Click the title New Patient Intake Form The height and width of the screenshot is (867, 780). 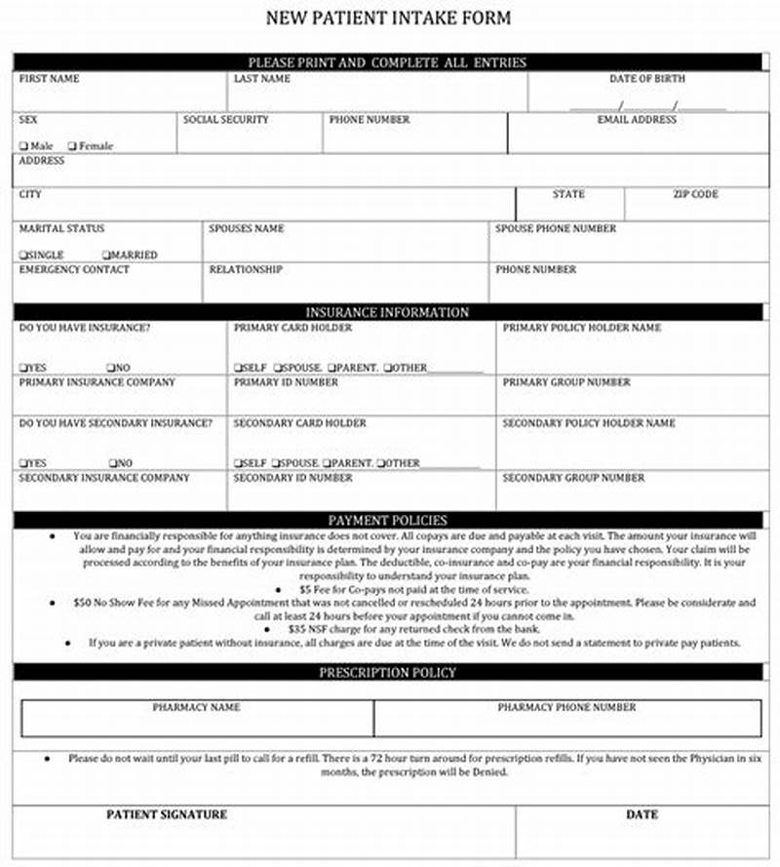pyautogui.click(x=388, y=19)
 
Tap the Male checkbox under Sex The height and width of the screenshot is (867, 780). pyautogui.click(x=23, y=146)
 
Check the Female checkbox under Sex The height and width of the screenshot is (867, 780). pyautogui.click(x=71, y=146)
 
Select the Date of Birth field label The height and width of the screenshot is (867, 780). pyautogui.click(x=646, y=79)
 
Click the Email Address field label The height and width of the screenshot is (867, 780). pyautogui.click(x=637, y=120)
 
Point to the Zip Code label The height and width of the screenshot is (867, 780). pyautogui.click(x=694, y=195)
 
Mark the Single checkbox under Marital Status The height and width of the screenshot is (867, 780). pyautogui.click(x=22, y=256)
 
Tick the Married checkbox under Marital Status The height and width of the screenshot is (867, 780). pyautogui.click(x=106, y=256)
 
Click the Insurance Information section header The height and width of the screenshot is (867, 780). pyautogui.click(x=387, y=312)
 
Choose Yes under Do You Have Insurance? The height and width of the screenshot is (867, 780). pyautogui.click(x=22, y=368)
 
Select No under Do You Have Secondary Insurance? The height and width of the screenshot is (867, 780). pyautogui.click(x=113, y=463)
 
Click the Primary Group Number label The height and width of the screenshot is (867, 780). pyautogui.click(x=566, y=382)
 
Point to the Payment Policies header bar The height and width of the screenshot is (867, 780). pyautogui.click(x=387, y=521)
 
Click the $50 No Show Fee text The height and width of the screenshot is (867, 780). pyautogui.click(x=127, y=604)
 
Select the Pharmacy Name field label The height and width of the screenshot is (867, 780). pyautogui.click(x=196, y=707)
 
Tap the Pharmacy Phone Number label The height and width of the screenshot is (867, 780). pyautogui.click(x=566, y=707)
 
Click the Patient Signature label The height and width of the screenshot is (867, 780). pyautogui.click(x=166, y=814)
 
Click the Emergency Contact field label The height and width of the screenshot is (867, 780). pyautogui.click(x=73, y=269)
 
